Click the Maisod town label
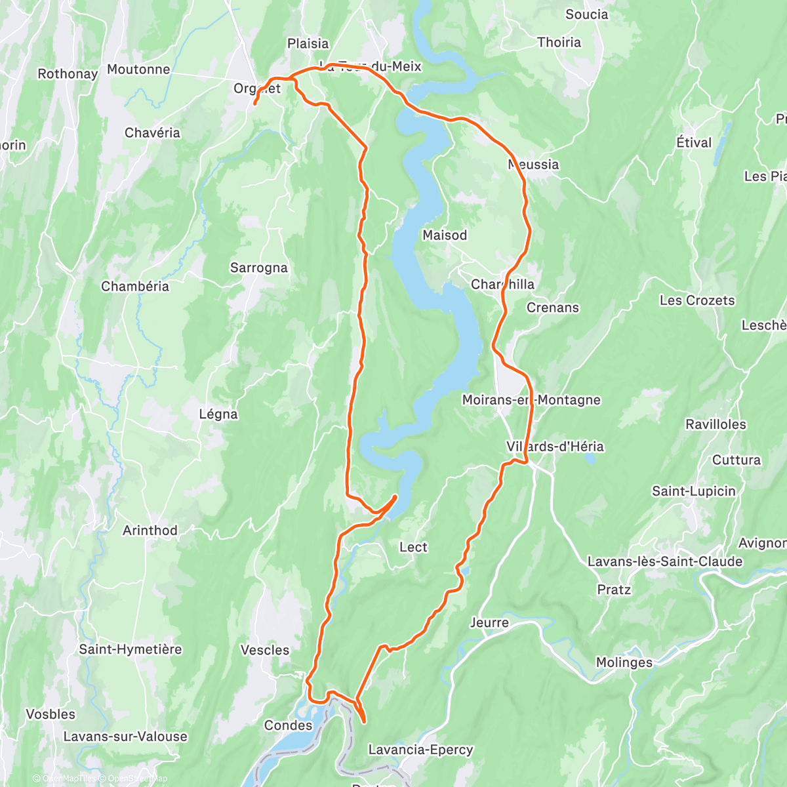coord(445,235)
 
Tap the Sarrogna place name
coord(258,268)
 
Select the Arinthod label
coord(150,530)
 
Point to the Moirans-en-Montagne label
coord(531,400)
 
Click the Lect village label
coord(413,547)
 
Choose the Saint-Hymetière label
coord(131,649)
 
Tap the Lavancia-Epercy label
coord(420,750)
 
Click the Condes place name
coord(288,725)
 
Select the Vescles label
coord(265,650)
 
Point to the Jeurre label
coord(489,622)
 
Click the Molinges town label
coord(624,662)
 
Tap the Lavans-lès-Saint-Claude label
coord(665,561)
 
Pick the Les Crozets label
coord(697,300)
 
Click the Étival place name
coord(694,142)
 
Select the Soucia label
coord(586,14)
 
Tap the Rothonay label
coord(68,73)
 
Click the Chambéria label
coord(135,286)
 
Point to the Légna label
coord(218,414)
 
